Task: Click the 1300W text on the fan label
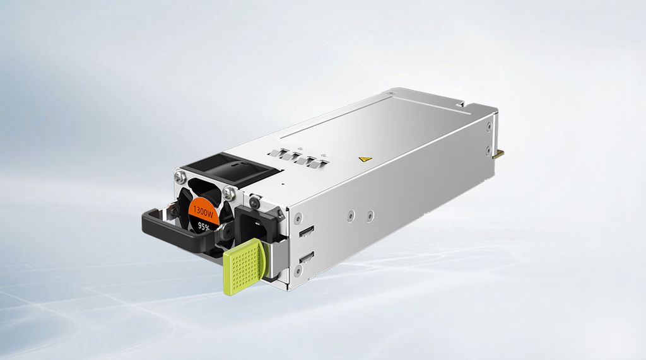pyautogui.click(x=203, y=209)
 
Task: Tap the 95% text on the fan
pyautogui.click(x=204, y=225)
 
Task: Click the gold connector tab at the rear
pyautogui.click(x=500, y=153)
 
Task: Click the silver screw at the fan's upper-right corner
pyautogui.click(x=228, y=191)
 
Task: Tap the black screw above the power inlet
pyautogui.click(x=254, y=202)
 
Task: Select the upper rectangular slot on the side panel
pyautogui.click(x=307, y=231)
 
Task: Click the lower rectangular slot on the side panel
pyautogui.click(x=307, y=257)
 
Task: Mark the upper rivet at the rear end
pyautogui.click(x=490, y=127)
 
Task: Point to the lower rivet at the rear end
pyautogui.click(x=489, y=150)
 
